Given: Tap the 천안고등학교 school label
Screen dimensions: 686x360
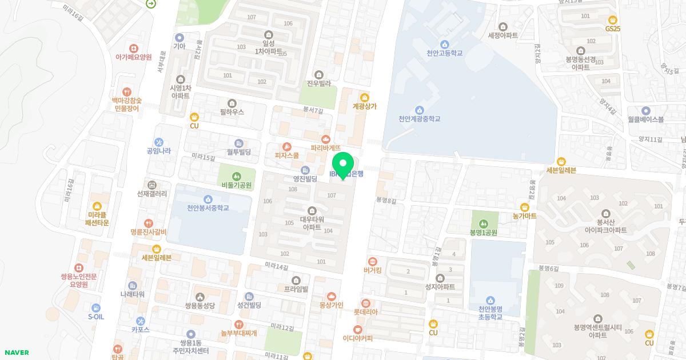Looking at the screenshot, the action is (x=444, y=53).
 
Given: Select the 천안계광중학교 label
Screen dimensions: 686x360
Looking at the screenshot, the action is (x=420, y=119).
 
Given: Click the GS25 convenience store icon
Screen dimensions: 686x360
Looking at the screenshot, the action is (x=613, y=20).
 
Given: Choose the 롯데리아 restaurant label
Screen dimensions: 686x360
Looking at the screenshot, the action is (x=365, y=312).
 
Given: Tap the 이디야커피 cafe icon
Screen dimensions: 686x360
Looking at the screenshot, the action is (x=358, y=329).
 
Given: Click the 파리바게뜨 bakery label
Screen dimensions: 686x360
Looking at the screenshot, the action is (x=326, y=147).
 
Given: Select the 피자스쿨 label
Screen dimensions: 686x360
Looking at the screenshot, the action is (x=287, y=155).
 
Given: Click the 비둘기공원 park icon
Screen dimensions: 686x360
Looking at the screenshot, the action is (x=237, y=175).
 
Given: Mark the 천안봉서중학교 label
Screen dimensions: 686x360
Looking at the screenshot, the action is (x=208, y=208).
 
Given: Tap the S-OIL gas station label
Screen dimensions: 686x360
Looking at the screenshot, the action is (x=96, y=317).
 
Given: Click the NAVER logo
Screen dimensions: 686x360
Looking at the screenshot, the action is (x=16, y=353).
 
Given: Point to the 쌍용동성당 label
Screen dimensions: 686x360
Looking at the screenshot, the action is (x=200, y=306).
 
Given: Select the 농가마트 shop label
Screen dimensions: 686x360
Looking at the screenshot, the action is (x=524, y=217).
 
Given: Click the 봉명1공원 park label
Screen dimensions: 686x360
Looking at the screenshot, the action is (x=484, y=233).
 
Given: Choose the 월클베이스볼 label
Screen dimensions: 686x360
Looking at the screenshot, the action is (x=645, y=120).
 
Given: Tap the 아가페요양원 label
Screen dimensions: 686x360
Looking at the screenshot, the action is (x=133, y=57).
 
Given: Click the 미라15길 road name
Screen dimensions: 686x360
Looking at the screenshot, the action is (x=203, y=157).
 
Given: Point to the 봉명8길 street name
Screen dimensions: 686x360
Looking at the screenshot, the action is (x=386, y=201).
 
